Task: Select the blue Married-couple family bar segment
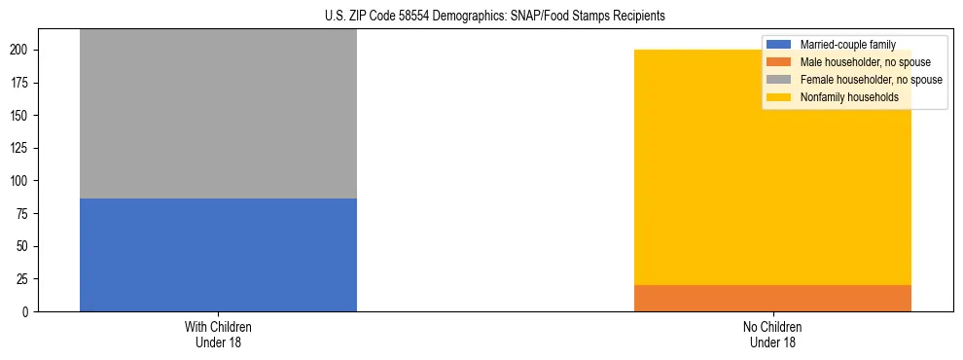point(218,255)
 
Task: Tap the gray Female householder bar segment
point(218,114)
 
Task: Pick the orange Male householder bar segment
point(772,298)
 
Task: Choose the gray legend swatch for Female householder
point(779,80)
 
